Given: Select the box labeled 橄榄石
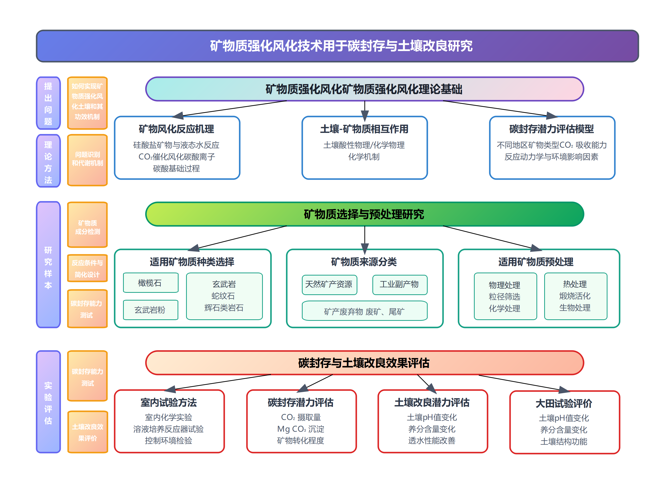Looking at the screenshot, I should point(151,283).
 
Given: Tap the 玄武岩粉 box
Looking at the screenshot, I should point(151,310).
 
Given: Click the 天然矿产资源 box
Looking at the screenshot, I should point(329,285).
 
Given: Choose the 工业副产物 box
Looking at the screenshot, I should point(400,285).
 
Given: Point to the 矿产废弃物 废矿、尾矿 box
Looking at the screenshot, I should point(364,311).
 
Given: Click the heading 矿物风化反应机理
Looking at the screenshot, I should point(176,129).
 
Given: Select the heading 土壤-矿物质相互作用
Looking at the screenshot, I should point(364,129).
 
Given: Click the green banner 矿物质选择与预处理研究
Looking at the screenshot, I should point(364,214).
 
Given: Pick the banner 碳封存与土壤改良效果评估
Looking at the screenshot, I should point(364,363).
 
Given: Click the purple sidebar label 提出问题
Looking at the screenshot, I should point(48,103).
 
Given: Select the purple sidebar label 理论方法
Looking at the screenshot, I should point(48,161).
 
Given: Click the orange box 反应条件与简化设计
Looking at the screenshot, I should point(87,268).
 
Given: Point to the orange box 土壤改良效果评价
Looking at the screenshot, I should point(88,432).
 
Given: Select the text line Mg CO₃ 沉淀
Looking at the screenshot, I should point(301,429).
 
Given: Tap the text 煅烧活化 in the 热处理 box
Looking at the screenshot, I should point(575,296).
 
